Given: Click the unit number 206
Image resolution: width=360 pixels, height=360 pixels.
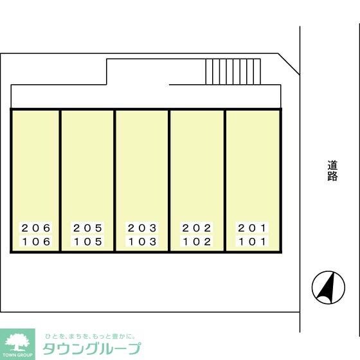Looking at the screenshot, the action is click(36, 228).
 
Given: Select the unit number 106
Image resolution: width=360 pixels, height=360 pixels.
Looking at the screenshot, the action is click(36, 242).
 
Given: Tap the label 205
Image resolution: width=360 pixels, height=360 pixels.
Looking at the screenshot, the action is click(87, 228).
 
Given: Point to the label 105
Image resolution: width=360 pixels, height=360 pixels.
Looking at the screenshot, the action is click(87, 242).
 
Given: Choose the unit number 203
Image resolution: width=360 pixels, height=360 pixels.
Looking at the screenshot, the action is click(142, 228).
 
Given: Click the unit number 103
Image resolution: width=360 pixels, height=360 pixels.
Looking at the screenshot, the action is click(142, 242).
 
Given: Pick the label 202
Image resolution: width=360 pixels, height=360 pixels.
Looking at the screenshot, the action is click(197, 228).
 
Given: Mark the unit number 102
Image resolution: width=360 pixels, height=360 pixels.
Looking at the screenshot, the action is click(197, 242).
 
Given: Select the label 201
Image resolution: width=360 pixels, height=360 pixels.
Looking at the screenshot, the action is click(252, 228).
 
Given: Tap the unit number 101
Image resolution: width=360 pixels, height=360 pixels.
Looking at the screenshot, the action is click(252, 242).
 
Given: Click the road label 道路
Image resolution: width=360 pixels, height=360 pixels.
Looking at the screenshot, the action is click(332, 170).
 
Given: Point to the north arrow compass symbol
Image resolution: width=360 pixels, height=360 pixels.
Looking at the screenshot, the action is click(328, 287).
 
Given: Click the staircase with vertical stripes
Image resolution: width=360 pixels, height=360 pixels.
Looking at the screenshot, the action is click(233, 71).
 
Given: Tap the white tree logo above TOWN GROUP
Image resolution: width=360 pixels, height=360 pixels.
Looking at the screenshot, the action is click(17, 342).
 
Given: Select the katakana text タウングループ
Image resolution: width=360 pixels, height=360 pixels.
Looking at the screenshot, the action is click(92, 348).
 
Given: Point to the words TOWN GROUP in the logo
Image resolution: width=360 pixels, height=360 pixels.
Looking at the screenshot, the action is click(17, 355).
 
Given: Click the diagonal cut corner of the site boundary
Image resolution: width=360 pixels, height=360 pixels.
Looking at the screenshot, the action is click(289, 64).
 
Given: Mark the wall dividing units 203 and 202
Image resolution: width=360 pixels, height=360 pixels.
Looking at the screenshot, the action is click(169, 181).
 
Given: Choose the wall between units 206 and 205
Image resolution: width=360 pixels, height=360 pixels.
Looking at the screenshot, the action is click(60, 181).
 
